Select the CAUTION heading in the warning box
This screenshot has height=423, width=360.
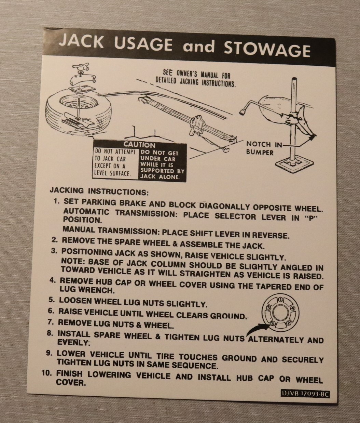[x=139, y=145]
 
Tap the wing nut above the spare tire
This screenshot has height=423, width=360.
[x=81, y=67]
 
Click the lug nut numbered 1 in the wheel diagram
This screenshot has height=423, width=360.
[x=280, y=300]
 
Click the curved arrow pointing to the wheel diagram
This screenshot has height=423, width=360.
[x=258, y=328]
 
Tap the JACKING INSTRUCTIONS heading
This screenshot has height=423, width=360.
[x=99, y=191]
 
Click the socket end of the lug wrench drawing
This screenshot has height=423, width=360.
[x=243, y=112]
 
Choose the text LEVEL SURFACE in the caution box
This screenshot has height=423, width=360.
[x=112, y=173]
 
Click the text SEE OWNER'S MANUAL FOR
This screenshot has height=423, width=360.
[x=197, y=75]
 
